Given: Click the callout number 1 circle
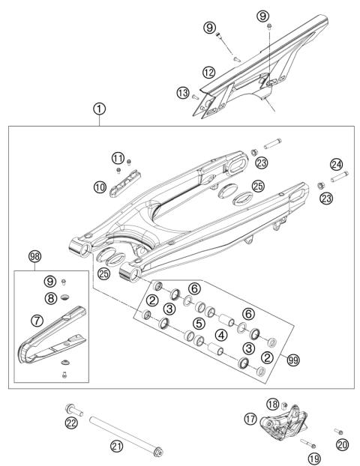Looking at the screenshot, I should coord(99,109).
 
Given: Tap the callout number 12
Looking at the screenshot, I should coord(209,73).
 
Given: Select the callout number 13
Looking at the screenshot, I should coord(182,93).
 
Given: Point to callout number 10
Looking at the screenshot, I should coord(100,187).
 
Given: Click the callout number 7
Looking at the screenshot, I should coord(36,321).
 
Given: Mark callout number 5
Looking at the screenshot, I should coord(198,324).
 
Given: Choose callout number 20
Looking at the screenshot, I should coord(343,444).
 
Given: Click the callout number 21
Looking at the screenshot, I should coord(115,446).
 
